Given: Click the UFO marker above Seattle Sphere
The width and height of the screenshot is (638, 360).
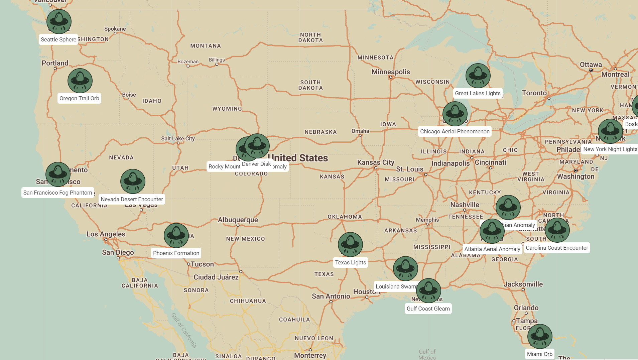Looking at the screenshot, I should click(x=59, y=21).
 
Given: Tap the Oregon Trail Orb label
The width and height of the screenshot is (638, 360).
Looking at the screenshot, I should click(x=79, y=98).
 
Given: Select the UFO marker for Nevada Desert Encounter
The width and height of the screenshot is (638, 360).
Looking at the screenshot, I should click(x=133, y=181).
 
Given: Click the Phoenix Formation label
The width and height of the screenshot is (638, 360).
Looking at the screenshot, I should click(x=176, y=253).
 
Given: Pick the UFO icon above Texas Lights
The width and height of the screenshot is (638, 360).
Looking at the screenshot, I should click(x=350, y=244).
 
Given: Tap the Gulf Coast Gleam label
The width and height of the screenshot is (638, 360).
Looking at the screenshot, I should click(x=428, y=309).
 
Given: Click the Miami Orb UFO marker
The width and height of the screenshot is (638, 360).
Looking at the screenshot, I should click(x=540, y=336).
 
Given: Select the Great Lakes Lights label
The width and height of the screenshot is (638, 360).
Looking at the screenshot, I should click(x=478, y=93).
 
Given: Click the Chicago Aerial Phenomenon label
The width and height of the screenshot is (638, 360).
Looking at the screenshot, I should click(x=455, y=131).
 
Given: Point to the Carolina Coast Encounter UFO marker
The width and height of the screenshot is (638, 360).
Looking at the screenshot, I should click(x=557, y=230).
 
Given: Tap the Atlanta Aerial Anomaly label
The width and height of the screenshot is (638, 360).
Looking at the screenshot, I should click(x=492, y=249).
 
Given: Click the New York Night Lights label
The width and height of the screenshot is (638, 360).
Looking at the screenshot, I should click(x=610, y=149).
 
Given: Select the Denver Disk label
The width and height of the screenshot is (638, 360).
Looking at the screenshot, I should click(x=256, y=164).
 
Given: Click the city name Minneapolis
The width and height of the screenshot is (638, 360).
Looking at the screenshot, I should click(x=390, y=72).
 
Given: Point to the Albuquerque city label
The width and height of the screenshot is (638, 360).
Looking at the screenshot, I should click(x=238, y=220).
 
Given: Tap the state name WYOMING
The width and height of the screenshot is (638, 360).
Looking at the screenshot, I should click(x=227, y=109).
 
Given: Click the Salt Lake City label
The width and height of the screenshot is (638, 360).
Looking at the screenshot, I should click(x=178, y=138).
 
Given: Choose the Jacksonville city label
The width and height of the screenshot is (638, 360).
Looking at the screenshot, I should click(x=523, y=284).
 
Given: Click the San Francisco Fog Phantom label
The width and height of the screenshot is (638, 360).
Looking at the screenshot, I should click(x=57, y=193).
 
